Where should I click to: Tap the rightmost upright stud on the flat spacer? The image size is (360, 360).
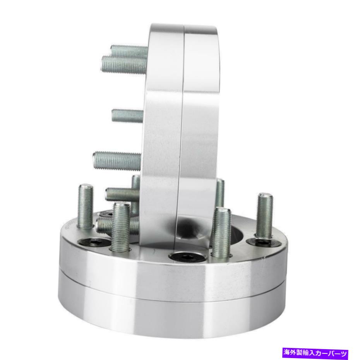coord(264,216)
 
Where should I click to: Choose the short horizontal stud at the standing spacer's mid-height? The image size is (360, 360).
coord(128,116)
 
